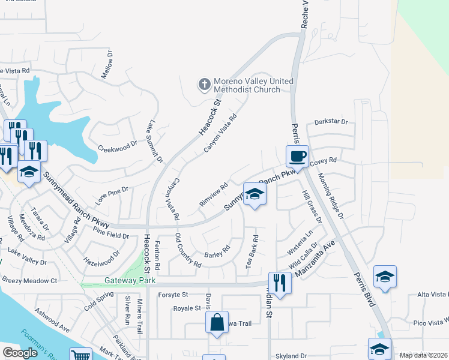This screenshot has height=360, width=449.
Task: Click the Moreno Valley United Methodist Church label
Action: click(247, 85)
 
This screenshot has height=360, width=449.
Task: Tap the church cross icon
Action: click(204, 85)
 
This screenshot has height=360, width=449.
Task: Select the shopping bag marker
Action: click(217, 323)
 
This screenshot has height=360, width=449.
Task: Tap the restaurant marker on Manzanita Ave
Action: click(280, 281)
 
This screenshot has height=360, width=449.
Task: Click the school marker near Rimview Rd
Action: click(255, 195)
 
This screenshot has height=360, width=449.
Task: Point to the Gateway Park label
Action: click(130, 280)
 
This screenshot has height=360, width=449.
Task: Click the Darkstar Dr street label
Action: click(327, 122)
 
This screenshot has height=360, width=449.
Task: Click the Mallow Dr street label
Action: click(107, 68)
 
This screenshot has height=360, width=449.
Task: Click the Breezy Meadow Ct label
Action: click(29, 280)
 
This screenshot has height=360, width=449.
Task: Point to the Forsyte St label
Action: click(173, 295)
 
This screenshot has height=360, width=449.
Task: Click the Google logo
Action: click(20, 352)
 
